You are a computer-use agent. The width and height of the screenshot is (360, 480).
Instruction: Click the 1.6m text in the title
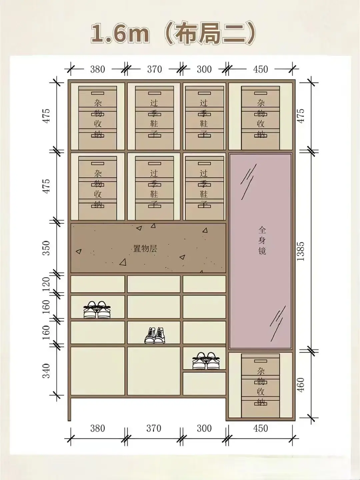click(120, 33)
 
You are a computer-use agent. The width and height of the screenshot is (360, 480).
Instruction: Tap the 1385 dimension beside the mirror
click(301, 251)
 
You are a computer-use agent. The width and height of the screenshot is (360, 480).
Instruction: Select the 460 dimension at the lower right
click(301, 385)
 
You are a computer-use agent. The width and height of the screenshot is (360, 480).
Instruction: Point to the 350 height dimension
click(46, 248)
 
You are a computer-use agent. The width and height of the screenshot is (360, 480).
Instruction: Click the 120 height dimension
click(46, 284)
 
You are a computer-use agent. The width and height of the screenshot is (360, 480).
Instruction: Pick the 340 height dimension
click(46, 371)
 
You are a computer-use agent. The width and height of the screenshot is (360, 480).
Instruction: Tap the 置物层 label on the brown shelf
click(145, 249)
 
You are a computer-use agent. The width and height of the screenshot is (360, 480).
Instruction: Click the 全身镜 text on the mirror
click(262, 240)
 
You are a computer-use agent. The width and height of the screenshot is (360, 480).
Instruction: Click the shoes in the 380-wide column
click(97, 309)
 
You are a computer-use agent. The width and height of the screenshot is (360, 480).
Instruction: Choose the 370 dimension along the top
click(155, 69)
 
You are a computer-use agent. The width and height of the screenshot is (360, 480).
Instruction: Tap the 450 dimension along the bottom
click(261, 428)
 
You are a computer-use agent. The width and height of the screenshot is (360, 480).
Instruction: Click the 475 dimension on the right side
click(301, 116)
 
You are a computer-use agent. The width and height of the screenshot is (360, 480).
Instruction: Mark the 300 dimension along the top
click(204, 69)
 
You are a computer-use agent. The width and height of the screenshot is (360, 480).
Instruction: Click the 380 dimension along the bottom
click(98, 428)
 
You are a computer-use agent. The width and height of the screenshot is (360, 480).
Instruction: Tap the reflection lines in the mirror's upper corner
click(249, 182)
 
